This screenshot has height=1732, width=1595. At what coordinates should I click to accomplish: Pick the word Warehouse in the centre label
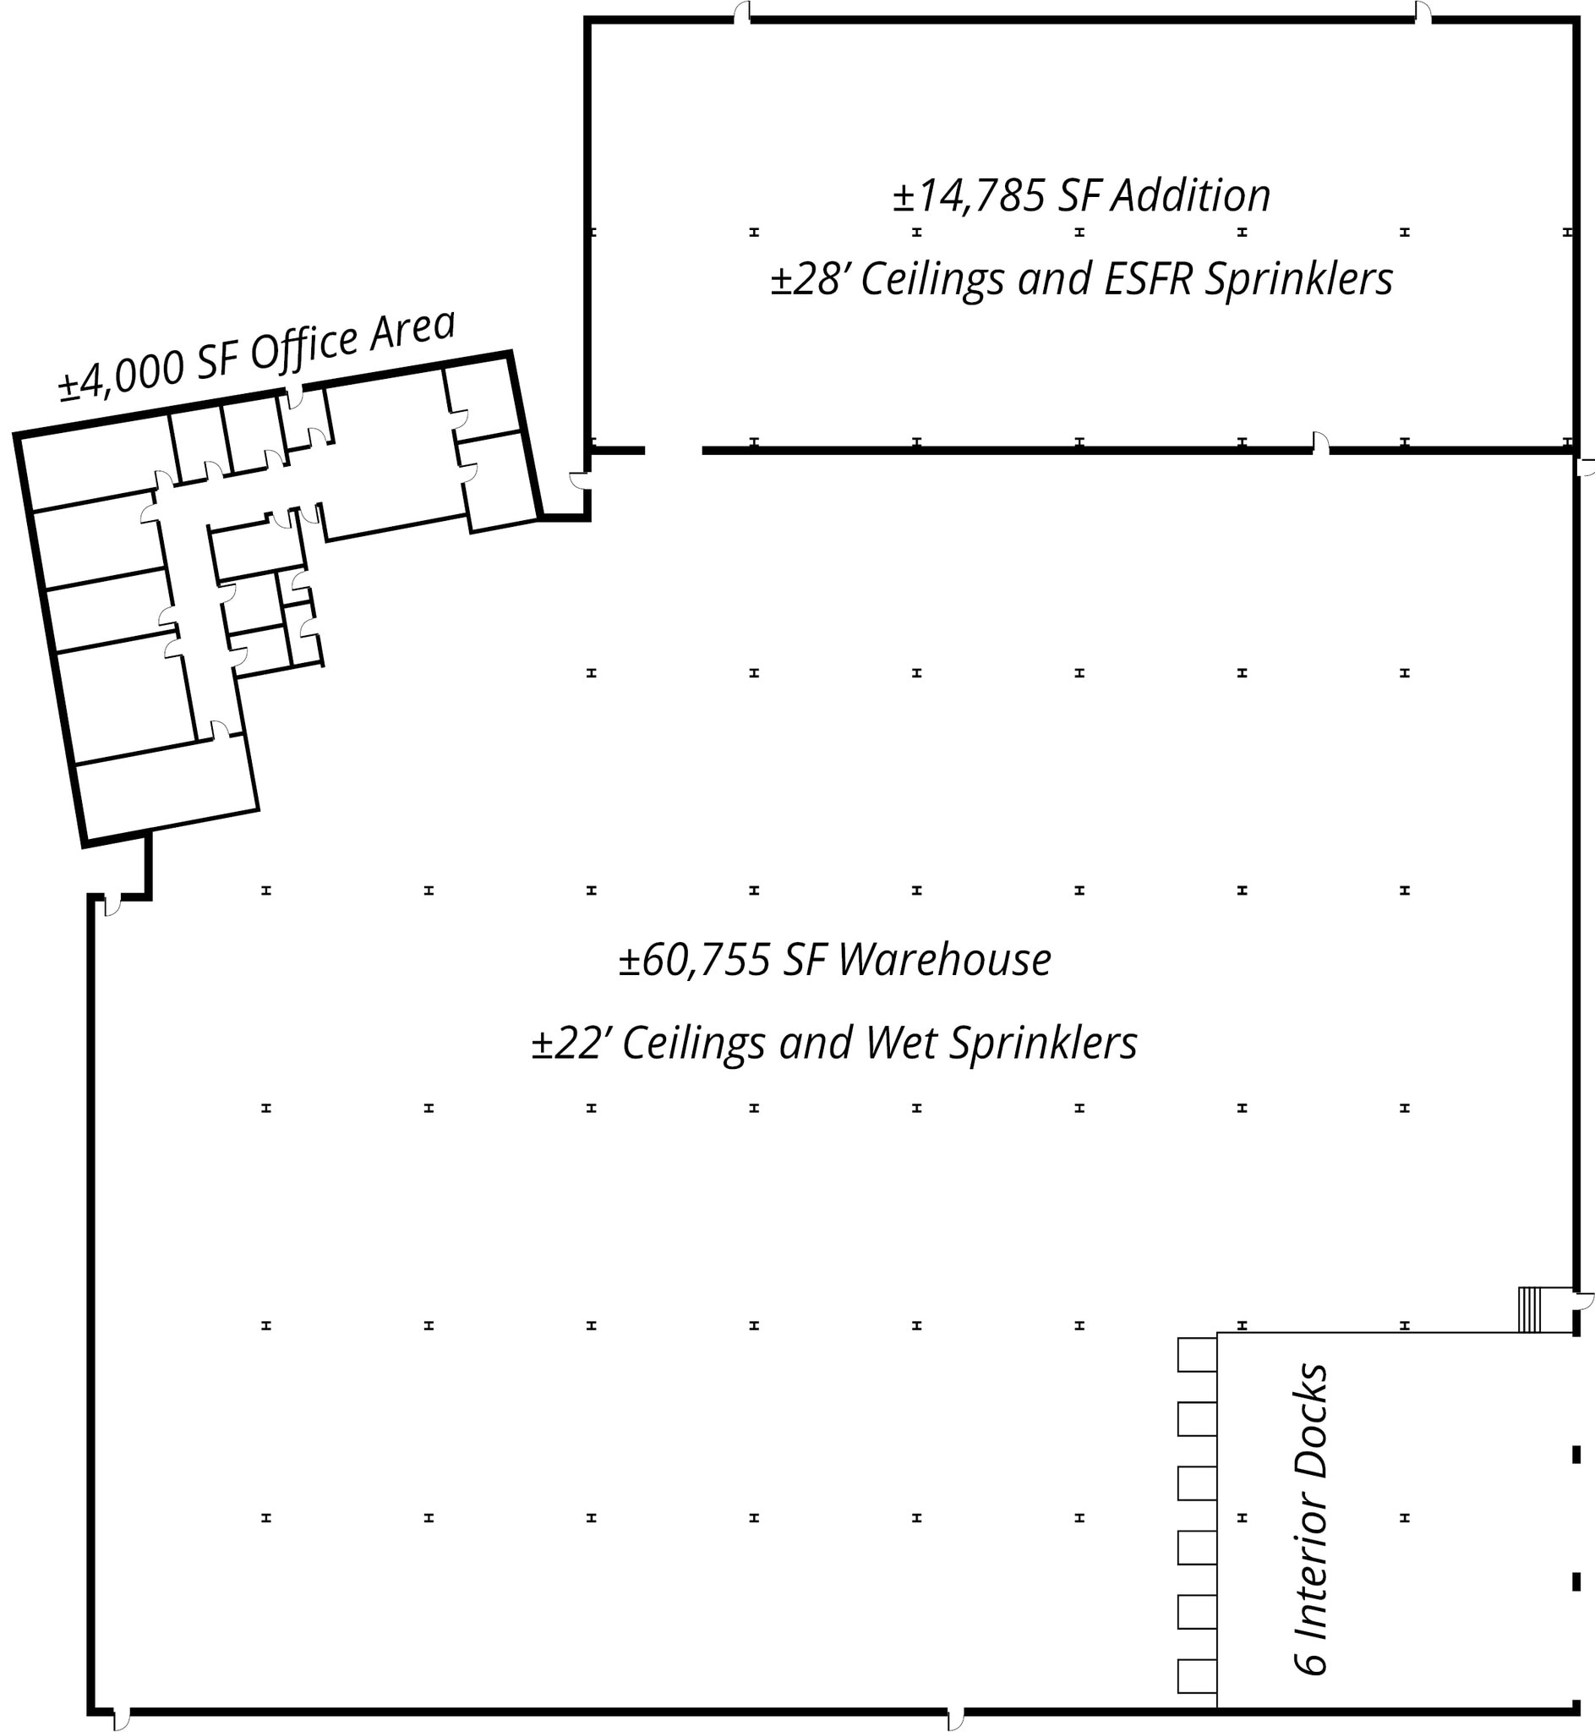coord(944,960)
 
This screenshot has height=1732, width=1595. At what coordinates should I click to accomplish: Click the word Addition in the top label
coord(1190,196)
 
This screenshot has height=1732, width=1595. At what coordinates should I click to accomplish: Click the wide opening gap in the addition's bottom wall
coord(673,451)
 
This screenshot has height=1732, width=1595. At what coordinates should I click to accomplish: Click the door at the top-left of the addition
coord(741,12)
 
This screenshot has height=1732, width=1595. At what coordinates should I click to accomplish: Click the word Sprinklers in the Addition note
coord(1299,279)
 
